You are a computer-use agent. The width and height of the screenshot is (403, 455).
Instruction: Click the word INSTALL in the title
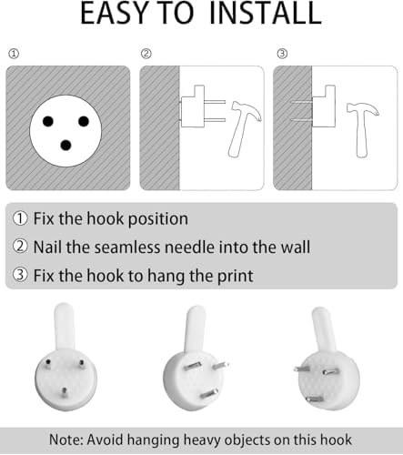(266, 14)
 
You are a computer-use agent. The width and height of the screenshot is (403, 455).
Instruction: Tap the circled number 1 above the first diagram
(14, 54)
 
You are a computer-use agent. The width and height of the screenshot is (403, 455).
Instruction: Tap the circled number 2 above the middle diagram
(146, 54)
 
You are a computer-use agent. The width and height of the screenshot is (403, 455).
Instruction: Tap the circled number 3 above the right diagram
(282, 54)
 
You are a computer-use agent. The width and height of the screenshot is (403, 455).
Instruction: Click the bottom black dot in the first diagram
(65, 146)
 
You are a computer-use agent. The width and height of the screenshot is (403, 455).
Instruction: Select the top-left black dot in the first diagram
(48, 121)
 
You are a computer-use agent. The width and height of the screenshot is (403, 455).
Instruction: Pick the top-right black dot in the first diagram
(84, 121)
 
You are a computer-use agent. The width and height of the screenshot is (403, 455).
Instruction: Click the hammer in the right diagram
(361, 129)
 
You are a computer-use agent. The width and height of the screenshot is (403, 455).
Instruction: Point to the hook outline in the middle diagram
(193, 106)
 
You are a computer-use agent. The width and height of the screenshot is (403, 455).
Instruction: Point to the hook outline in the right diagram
(324, 106)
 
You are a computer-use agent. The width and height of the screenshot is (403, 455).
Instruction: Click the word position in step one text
(158, 219)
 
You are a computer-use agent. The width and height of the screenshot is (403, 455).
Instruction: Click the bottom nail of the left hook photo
(64, 392)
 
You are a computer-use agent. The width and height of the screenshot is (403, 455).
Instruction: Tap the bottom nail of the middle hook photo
(208, 394)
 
